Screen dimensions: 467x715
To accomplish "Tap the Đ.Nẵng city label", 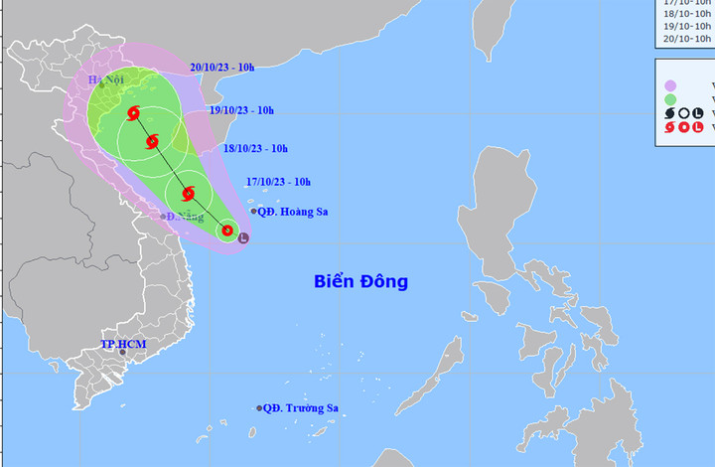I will tap(185, 217).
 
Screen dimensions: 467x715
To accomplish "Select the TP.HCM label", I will tap(122, 344).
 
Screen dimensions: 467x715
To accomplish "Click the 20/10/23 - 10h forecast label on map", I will tap(222, 68).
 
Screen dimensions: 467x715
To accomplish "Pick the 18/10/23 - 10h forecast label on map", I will tap(255, 149).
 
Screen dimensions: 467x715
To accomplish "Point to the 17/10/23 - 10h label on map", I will tap(278, 182).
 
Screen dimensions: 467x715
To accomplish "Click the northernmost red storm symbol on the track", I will tap(134, 112).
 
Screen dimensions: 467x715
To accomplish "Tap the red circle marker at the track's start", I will tap(227, 232).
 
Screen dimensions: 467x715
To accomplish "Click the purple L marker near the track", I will tap(244, 237).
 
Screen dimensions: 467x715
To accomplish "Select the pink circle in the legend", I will tap(670, 85).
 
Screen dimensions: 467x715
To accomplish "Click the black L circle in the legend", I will tap(697, 113).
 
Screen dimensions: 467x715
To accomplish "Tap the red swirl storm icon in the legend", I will tap(669, 127).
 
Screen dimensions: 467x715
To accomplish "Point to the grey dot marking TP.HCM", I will tap(122, 352).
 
